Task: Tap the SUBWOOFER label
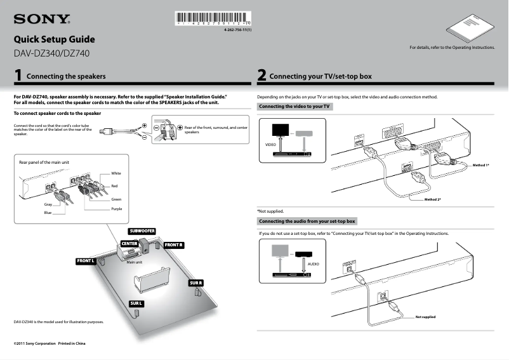click(x=142, y=230)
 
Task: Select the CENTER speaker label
click(x=129, y=244)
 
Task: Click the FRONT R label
click(x=173, y=244)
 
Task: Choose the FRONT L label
click(x=86, y=261)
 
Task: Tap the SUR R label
click(x=195, y=283)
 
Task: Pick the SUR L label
click(x=136, y=303)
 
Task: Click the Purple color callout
click(x=116, y=209)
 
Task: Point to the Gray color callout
click(x=48, y=204)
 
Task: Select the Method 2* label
click(x=432, y=199)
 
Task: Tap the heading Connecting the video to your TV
click(x=294, y=107)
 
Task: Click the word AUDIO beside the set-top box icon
click(x=313, y=263)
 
